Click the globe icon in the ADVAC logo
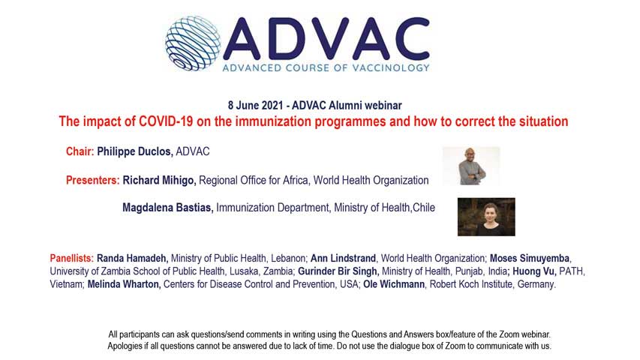193,43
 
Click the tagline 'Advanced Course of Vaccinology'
326,67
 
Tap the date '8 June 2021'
255,105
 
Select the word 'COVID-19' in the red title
166,121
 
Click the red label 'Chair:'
80,151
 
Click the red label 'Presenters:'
92,180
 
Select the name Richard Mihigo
159,181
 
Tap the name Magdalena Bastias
168,208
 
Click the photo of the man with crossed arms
471,166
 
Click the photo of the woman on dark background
486,217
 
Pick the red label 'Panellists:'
72,258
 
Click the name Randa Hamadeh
132,258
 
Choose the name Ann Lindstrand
343,258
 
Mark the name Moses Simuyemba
530,258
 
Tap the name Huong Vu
534,271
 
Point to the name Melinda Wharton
123,284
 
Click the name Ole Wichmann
394,284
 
